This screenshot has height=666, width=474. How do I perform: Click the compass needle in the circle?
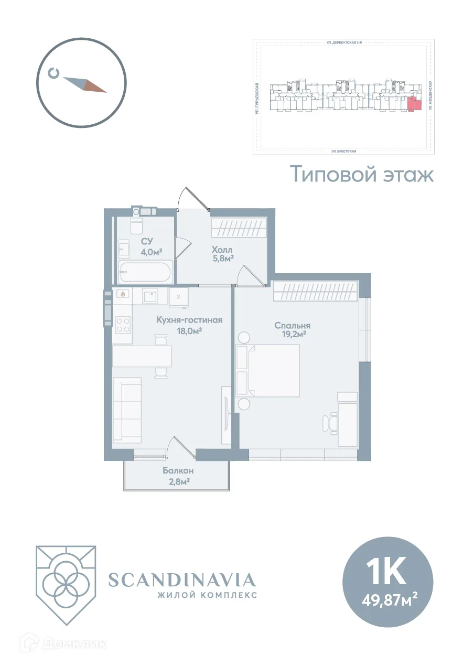pyautogui.click(x=84, y=84)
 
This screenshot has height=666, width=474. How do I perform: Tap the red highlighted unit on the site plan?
pyautogui.click(x=414, y=104)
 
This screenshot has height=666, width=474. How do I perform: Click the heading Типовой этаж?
pyautogui.click(x=362, y=174)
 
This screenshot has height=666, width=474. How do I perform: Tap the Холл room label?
pyautogui.click(x=222, y=249)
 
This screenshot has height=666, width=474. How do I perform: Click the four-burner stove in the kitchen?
pyautogui.click(x=123, y=325)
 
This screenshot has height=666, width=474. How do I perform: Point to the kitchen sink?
pyautogui.click(x=150, y=297)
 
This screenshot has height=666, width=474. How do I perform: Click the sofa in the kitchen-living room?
pyautogui.click(x=127, y=410)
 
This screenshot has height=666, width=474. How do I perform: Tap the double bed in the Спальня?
pyautogui.click(x=273, y=370)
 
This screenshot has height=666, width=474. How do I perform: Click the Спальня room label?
pyautogui.click(x=292, y=325)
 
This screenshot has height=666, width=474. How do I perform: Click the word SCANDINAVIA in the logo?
pyautogui.click(x=181, y=579)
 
